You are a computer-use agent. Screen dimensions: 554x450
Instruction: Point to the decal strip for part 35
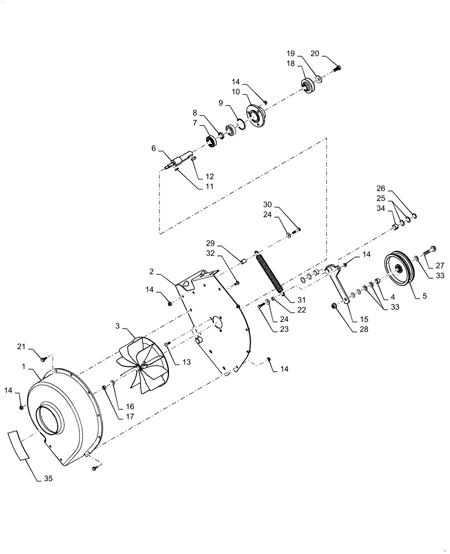(19, 444)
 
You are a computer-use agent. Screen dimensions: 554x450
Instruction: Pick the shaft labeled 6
(179, 161)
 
